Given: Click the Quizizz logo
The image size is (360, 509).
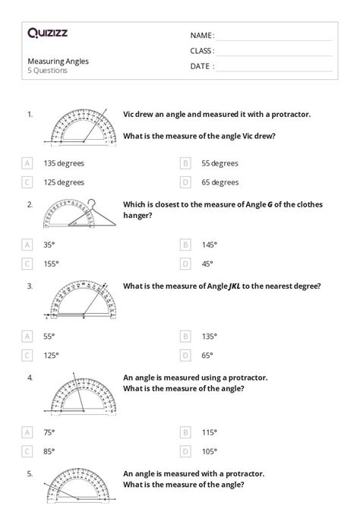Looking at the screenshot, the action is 48,33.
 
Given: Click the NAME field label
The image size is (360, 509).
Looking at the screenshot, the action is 202,35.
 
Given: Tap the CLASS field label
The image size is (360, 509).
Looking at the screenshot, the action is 202,50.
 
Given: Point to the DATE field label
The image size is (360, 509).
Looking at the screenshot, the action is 202,65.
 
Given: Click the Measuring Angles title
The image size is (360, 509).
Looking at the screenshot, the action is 58,60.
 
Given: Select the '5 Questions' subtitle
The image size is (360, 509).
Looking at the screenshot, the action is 48,70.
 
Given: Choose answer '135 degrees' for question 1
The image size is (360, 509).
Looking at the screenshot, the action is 64,163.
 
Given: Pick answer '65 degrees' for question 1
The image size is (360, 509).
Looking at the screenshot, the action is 220,182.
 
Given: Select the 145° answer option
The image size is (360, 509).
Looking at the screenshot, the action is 209,245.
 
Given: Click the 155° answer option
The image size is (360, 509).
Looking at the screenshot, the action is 52,264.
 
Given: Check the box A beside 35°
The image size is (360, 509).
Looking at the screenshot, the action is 27,245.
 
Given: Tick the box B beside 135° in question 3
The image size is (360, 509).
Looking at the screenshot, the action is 185,336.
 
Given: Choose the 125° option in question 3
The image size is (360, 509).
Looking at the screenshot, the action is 52,355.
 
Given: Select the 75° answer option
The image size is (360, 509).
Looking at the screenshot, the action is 50,432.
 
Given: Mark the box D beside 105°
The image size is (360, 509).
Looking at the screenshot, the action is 185,451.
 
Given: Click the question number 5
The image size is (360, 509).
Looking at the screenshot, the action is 30,473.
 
